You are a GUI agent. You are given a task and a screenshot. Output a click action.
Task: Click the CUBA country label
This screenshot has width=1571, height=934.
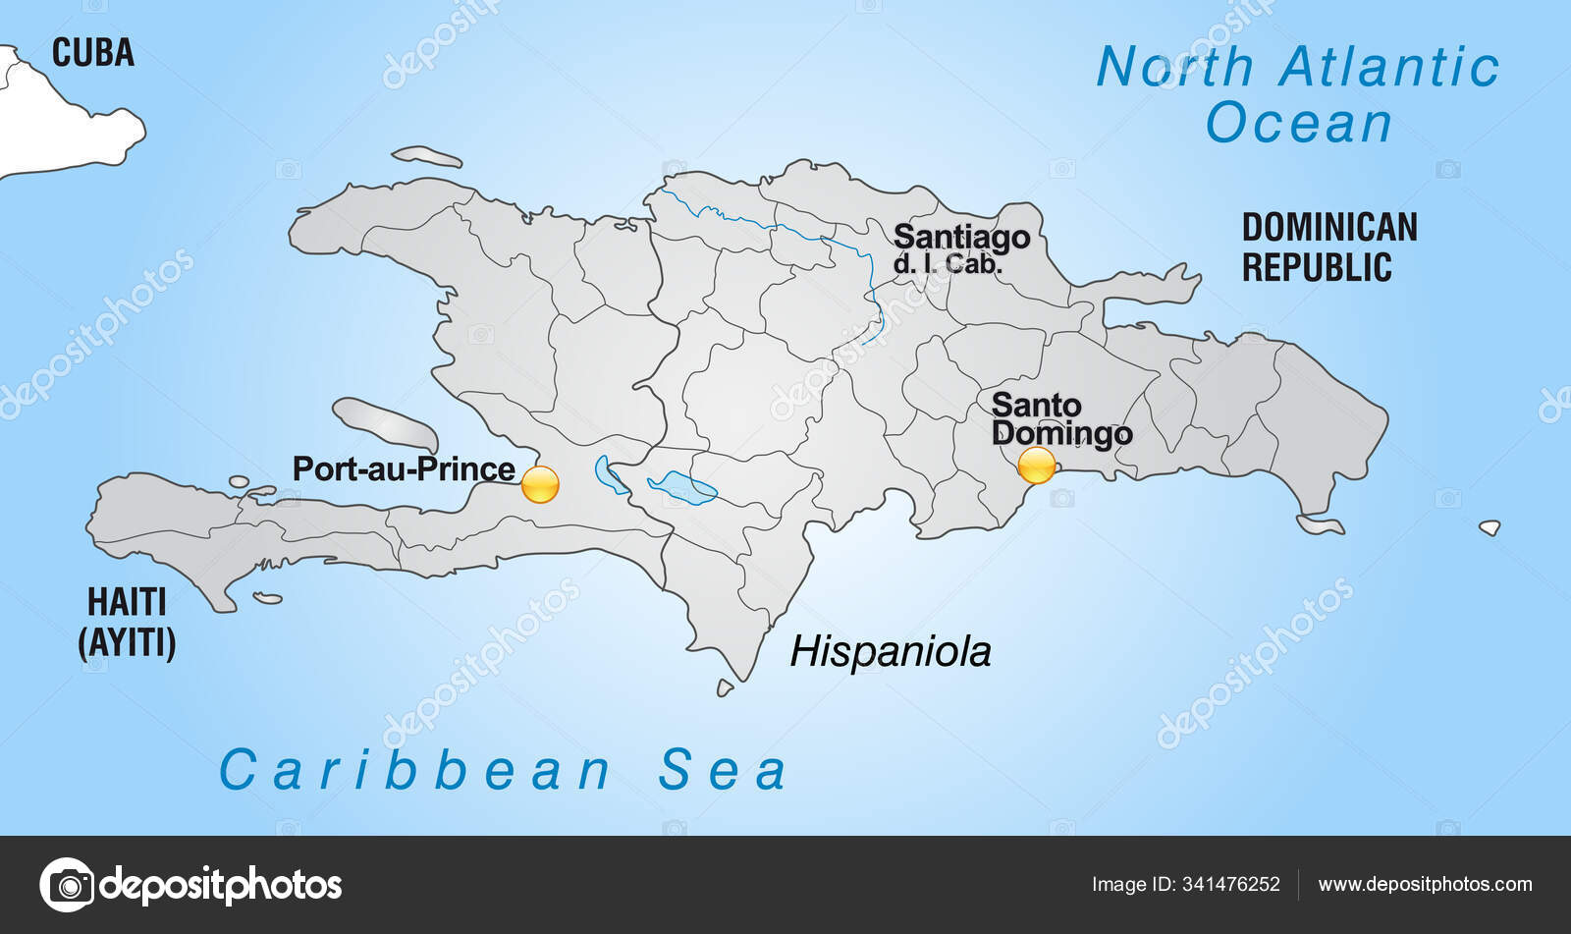point(92,52)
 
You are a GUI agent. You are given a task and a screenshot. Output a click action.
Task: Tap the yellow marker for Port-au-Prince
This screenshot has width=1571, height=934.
point(540,484)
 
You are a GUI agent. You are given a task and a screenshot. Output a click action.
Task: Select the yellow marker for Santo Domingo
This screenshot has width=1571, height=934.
point(1036,465)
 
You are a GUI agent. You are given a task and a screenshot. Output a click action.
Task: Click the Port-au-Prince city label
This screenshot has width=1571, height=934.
point(404,468)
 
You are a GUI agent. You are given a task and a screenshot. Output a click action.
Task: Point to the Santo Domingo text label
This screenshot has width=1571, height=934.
point(1060,418)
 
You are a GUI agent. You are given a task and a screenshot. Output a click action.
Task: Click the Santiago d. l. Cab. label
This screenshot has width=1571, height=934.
point(961,248)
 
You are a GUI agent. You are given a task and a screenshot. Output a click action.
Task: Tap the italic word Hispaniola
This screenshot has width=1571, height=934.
point(891,651)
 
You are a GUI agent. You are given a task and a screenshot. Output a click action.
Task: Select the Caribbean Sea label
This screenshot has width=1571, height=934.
point(503,769)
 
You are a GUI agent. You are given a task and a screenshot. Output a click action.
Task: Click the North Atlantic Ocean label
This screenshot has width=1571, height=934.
point(1298,94)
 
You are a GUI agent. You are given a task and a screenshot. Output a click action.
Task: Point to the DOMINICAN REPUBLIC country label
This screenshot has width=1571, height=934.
point(1329,247)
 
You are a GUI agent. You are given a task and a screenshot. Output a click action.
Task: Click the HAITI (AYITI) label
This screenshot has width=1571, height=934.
point(127,622)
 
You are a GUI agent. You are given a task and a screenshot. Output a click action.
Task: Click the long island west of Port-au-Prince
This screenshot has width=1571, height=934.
point(384,423)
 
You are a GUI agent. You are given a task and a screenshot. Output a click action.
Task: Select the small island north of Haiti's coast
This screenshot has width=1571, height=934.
point(426,156)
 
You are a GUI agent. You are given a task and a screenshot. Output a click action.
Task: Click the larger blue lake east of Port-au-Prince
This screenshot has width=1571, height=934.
point(681,486)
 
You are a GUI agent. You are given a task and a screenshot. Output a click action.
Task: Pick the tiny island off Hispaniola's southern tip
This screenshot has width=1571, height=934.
point(725,688)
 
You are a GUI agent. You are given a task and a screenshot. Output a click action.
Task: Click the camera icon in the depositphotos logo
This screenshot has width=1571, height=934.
point(68,885)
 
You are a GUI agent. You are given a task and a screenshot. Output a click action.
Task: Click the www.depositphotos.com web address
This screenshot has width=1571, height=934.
point(1425,884)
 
